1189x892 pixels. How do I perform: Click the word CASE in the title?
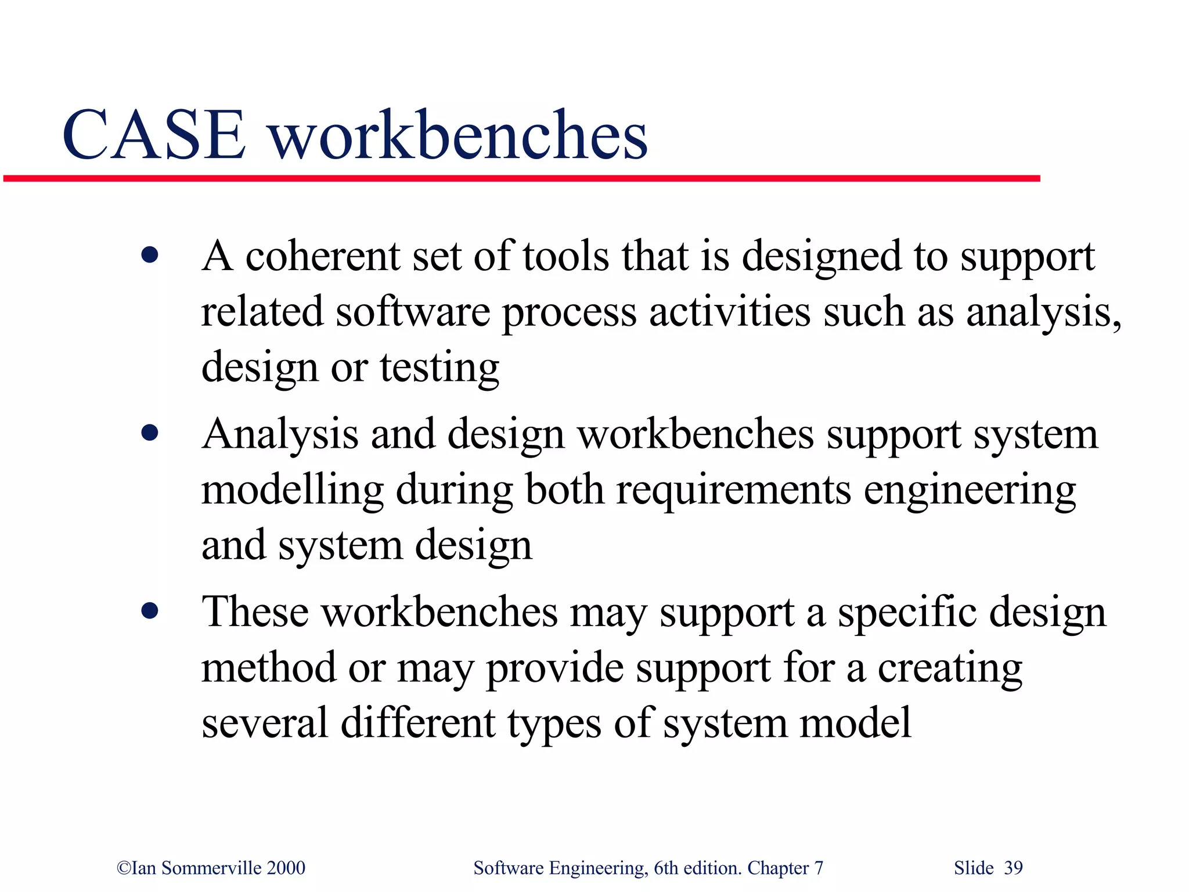tap(154, 135)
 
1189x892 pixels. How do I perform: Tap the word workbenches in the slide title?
tap(459, 135)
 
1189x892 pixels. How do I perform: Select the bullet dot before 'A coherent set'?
tap(150, 255)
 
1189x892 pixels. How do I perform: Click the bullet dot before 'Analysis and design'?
tap(150, 433)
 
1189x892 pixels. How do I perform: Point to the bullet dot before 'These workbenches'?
tap(150, 611)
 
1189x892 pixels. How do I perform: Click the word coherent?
tap(323, 257)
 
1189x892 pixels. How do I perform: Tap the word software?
tap(413, 312)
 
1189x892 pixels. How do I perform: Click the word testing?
tap(439, 368)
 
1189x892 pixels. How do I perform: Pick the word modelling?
tap(293, 489)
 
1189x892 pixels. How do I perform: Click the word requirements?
tap(733, 489)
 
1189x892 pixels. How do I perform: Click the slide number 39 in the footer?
tap(1013, 868)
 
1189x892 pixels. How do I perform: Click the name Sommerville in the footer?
tap(211, 868)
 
